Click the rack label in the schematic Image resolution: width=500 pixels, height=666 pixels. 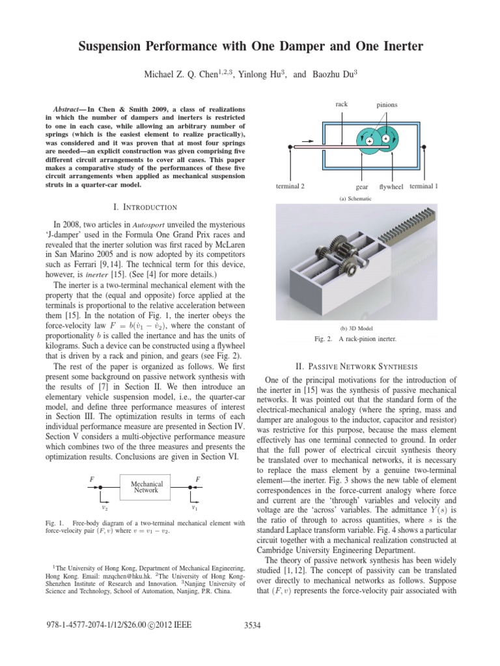(342, 103)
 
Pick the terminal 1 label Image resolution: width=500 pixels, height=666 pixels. (423, 186)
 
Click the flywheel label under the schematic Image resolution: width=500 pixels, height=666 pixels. (392, 187)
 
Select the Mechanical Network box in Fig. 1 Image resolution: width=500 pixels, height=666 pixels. (146, 487)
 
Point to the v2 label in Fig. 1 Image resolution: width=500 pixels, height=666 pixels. (105, 507)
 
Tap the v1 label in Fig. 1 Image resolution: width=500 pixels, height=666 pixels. (195, 507)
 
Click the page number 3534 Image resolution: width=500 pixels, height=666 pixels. (251, 625)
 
